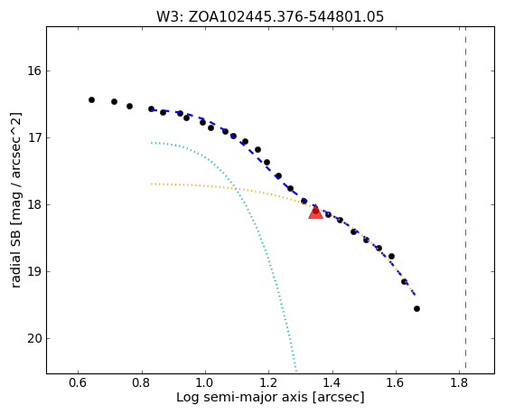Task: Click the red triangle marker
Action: click(x=315, y=212)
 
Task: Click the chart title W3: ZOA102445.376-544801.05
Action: click(x=270, y=17)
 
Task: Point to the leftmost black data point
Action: click(x=91, y=100)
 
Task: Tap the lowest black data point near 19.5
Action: click(x=416, y=309)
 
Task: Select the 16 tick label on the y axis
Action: click(x=33, y=71)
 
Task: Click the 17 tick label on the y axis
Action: click(x=33, y=137)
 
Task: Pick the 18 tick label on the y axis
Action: click(x=33, y=204)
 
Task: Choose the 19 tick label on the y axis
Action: click(x=33, y=271)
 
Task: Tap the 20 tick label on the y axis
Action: click(x=33, y=338)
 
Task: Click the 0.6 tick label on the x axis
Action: click(x=78, y=383)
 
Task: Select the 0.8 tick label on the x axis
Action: click(x=142, y=383)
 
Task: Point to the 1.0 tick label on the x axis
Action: click(x=205, y=383)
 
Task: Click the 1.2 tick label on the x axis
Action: click(x=268, y=383)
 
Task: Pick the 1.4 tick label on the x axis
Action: click(x=332, y=383)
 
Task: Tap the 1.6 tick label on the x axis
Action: click(x=396, y=383)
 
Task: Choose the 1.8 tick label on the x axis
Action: click(x=459, y=383)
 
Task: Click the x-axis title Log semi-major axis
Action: click(x=242, y=398)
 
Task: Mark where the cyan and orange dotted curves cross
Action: click(x=236, y=188)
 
